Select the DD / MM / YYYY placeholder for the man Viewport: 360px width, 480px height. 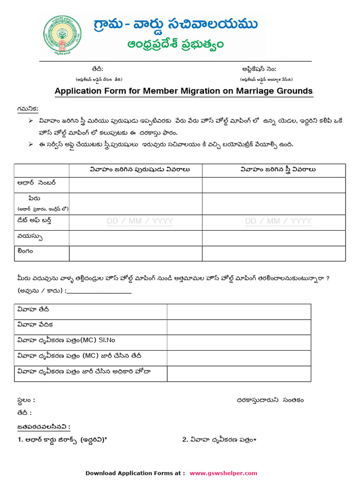click(x=140, y=221)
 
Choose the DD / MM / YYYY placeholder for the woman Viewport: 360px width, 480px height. click(x=278, y=221)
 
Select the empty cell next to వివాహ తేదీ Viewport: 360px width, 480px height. click(x=239, y=312)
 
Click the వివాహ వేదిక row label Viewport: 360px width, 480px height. click(x=35, y=325)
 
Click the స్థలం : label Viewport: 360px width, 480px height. click(x=26, y=400)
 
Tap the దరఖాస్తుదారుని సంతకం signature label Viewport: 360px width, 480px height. click(x=270, y=400)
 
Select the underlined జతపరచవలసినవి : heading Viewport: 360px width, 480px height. click(x=44, y=427)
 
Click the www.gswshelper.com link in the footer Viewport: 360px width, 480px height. click(x=223, y=473)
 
